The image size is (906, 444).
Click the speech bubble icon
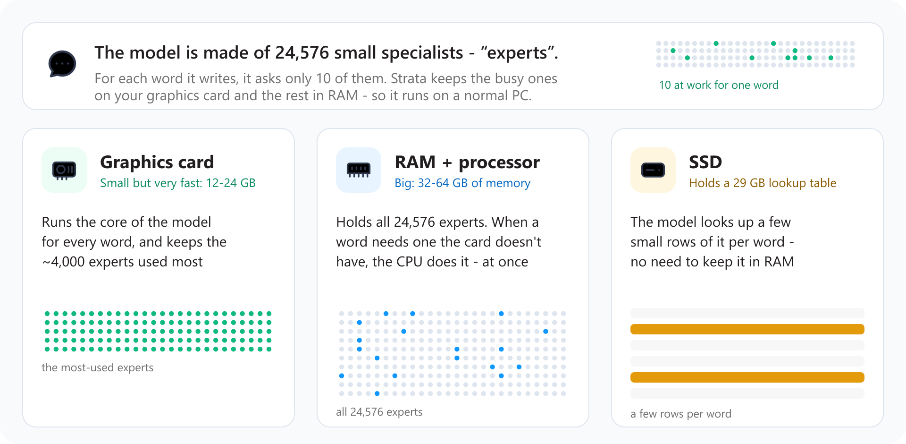[62, 64]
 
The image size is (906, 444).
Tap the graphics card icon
[64, 170]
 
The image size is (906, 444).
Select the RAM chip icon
[359, 170]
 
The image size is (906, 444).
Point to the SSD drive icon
[653, 170]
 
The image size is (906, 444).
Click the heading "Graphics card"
[157, 162]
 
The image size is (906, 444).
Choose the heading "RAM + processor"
[467, 162]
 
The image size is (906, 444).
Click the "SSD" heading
[705, 162]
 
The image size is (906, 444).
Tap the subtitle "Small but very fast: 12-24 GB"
[178, 183]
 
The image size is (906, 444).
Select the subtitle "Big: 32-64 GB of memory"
[462, 183]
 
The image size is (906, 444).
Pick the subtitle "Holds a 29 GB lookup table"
[763, 183]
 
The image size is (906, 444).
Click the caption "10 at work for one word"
[719, 85]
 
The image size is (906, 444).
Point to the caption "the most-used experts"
[98, 367]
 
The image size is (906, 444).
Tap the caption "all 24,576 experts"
[379, 412]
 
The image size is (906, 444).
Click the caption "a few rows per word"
[681, 414]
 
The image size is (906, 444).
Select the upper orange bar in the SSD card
[747, 329]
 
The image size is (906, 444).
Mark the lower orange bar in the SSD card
[747, 377]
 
